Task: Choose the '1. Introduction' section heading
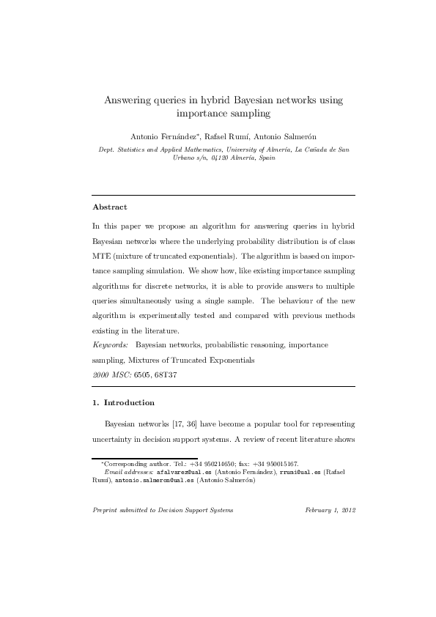point(123,403)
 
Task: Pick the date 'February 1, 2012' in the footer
point(329,510)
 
